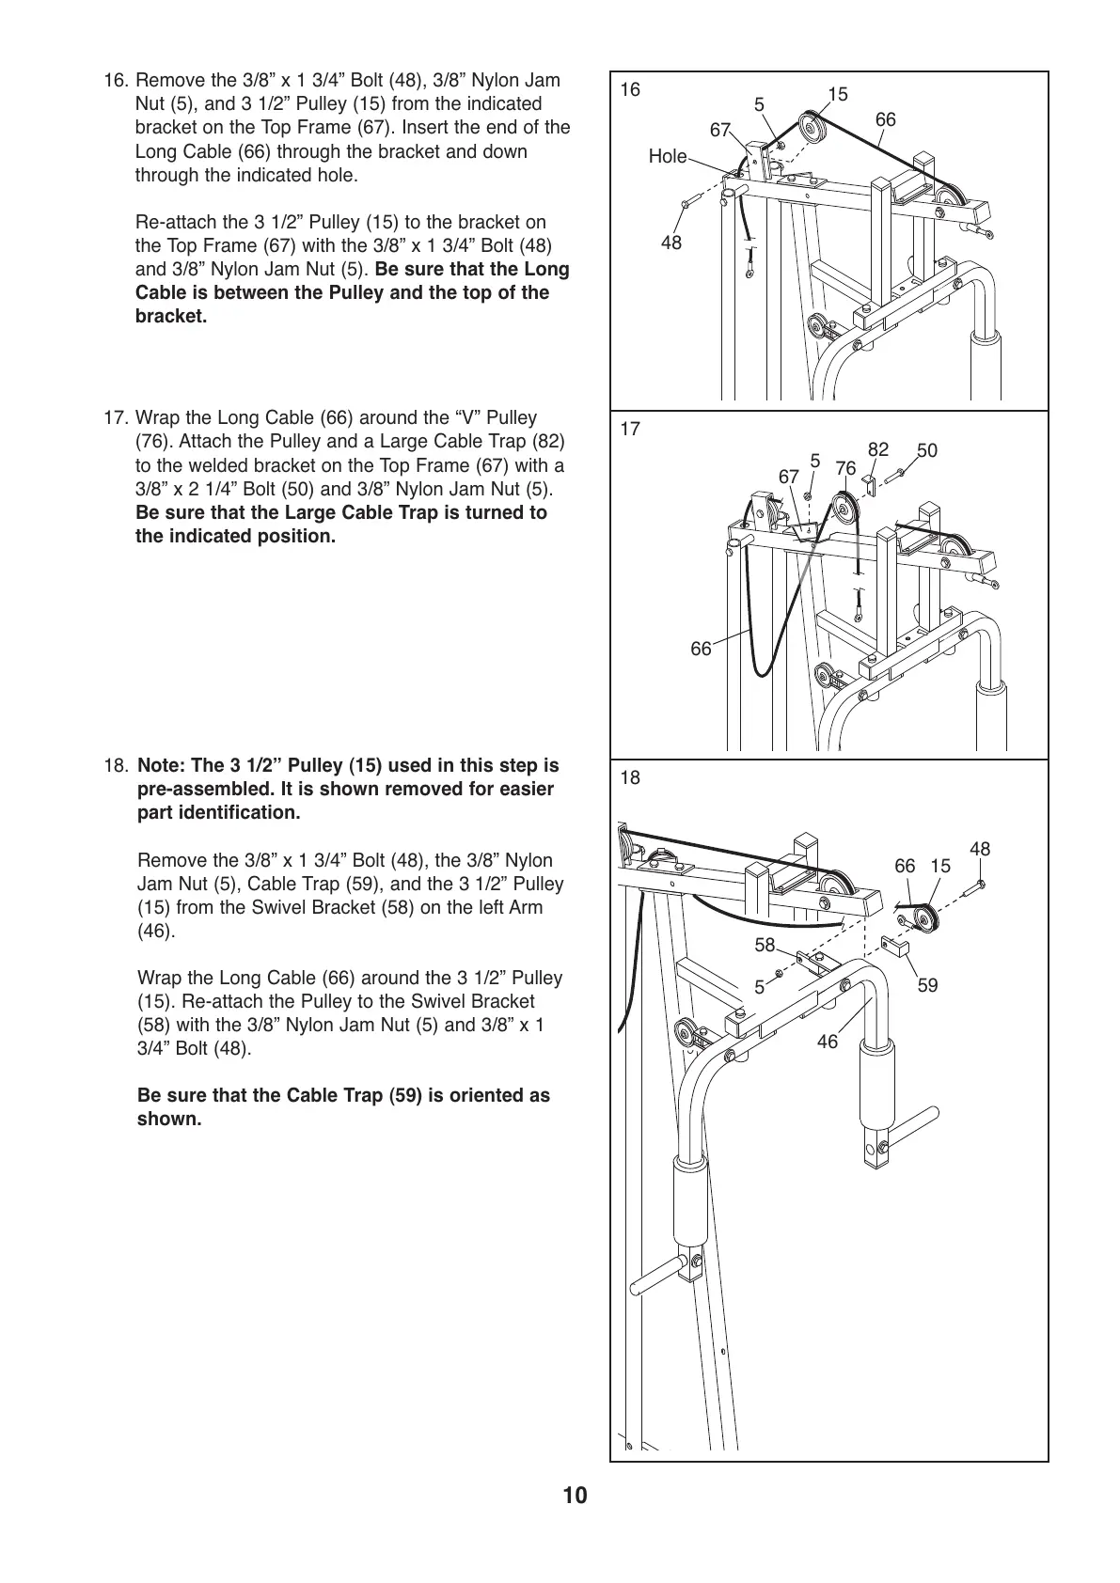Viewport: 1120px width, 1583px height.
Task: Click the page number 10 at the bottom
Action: click(x=575, y=1495)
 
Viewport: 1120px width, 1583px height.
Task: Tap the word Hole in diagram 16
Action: click(x=667, y=157)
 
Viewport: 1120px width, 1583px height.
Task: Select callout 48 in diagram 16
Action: click(x=671, y=243)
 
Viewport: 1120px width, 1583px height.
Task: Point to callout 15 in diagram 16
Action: click(x=838, y=94)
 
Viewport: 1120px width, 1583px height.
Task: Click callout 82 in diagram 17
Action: click(x=877, y=450)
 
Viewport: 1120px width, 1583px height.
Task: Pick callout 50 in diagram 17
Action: click(x=927, y=451)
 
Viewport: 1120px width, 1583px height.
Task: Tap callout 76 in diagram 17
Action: click(x=845, y=468)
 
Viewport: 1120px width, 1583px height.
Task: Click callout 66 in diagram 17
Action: click(x=701, y=649)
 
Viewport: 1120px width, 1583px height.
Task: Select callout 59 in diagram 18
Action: click(x=927, y=985)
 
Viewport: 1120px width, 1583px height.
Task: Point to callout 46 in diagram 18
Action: click(x=827, y=1042)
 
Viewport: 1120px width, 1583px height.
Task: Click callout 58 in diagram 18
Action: click(x=765, y=945)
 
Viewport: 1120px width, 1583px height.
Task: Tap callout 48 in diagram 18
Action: click(x=980, y=850)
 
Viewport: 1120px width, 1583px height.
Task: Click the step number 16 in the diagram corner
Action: click(x=630, y=90)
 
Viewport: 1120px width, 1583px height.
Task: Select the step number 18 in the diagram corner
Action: click(x=630, y=777)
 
